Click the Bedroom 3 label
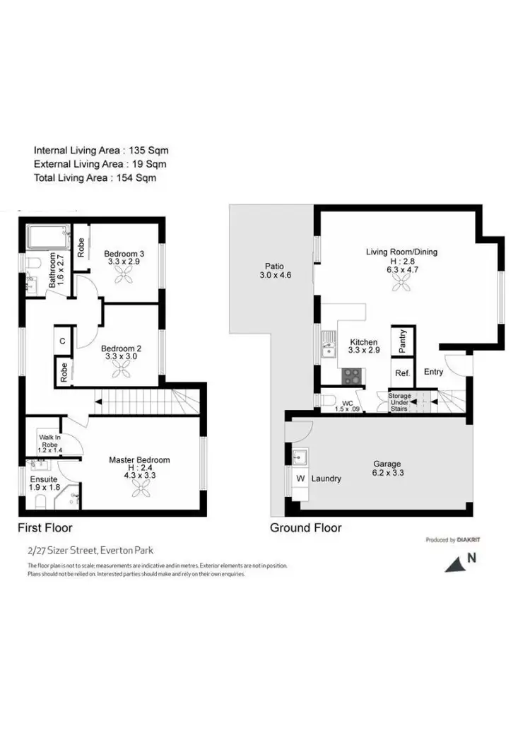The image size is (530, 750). click(x=124, y=254)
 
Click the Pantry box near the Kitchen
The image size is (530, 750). click(x=402, y=342)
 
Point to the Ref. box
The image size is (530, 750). click(x=402, y=373)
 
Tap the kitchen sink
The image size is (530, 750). click(x=329, y=346)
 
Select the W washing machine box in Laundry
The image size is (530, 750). click(x=300, y=479)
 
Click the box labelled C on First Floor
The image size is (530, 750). click(x=63, y=341)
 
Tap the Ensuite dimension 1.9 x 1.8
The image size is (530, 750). click(x=45, y=487)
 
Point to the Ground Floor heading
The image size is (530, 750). click(x=305, y=528)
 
